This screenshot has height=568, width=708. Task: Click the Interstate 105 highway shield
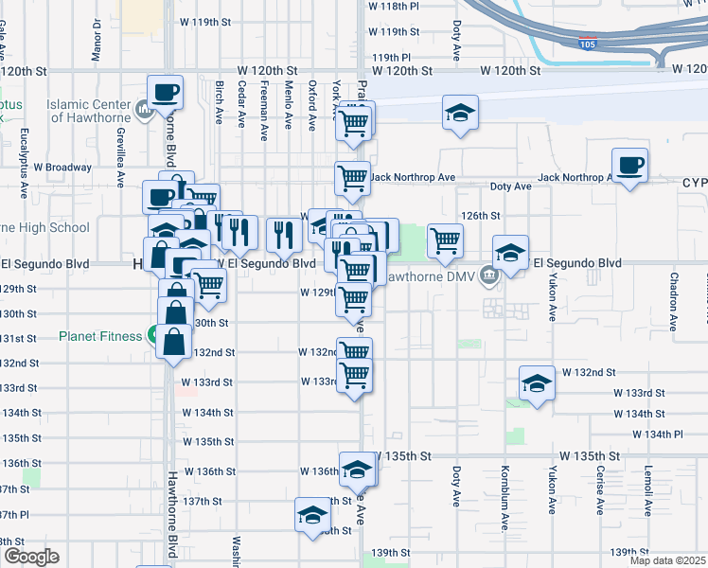[x=588, y=43]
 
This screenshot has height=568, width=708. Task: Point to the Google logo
[x=30, y=557]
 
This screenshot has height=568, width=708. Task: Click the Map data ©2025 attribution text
[x=668, y=561]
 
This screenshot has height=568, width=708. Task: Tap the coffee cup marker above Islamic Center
[x=165, y=93]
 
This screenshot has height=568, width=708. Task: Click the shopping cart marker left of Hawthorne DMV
[x=444, y=240]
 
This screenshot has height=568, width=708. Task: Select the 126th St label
[x=480, y=215]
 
